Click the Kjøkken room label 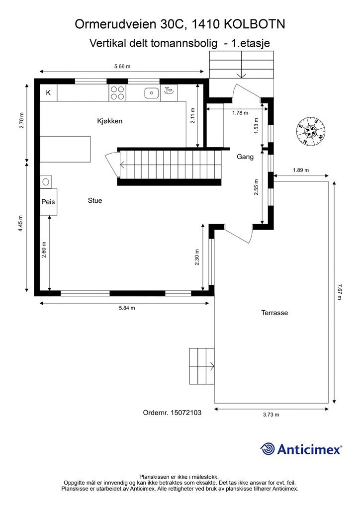109,121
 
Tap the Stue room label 94,201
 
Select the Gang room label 245,157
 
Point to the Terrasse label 274,313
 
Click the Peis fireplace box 48,202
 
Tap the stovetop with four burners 117,93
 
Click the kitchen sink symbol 151,92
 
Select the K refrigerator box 48,93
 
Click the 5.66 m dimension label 122,66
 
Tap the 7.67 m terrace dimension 340,292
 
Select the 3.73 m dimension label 270,415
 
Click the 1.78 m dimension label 240,113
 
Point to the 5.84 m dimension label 127,308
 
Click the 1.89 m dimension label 300,170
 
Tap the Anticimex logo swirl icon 268,449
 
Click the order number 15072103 185,412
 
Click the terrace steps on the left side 201,367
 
